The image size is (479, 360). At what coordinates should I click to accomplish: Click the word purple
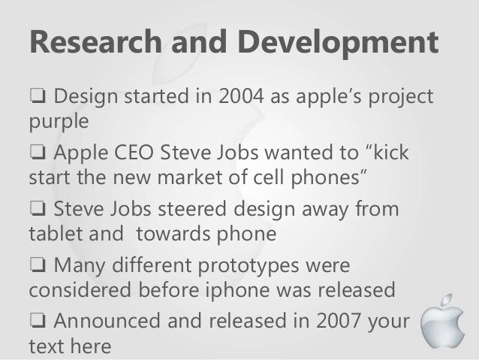tap(59, 120)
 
